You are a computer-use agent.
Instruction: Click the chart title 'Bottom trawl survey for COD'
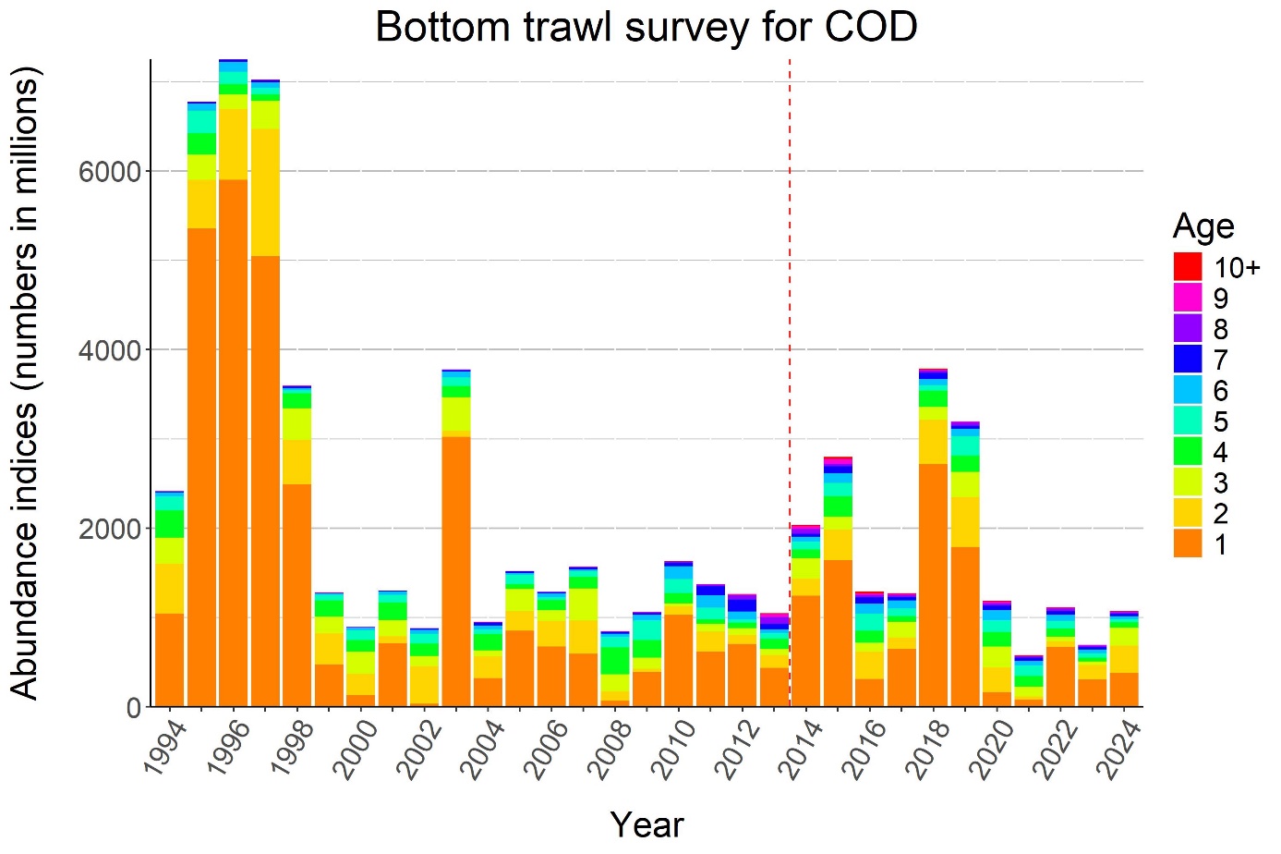(x=646, y=27)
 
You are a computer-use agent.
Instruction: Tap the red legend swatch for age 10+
(x=1188, y=267)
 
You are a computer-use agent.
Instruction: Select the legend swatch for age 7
(x=1188, y=360)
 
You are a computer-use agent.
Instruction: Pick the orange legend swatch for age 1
(x=1188, y=544)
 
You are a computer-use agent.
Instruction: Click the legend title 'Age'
(x=1202, y=226)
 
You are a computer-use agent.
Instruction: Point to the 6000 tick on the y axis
(x=109, y=172)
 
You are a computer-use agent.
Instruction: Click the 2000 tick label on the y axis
(x=109, y=529)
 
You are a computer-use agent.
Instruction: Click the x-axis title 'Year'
(x=647, y=824)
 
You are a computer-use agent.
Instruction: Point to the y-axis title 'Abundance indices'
(x=26, y=383)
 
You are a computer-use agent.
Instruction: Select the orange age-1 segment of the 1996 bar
(x=234, y=444)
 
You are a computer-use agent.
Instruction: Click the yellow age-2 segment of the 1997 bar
(x=265, y=192)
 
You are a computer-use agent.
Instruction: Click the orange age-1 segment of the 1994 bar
(x=170, y=660)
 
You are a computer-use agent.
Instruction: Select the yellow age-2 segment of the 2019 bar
(x=965, y=522)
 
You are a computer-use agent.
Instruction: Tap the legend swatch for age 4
(x=1188, y=452)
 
